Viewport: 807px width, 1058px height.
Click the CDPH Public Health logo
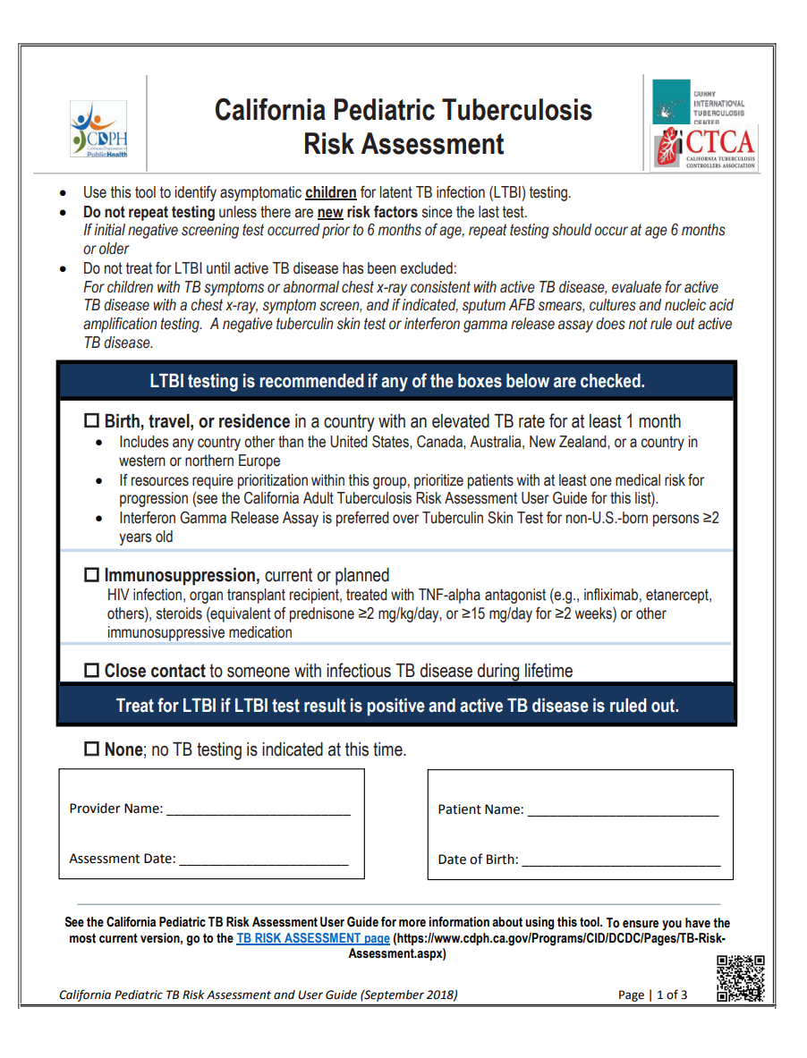point(98,130)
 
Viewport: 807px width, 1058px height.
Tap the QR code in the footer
point(741,978)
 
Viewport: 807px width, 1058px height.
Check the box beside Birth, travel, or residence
point(93,421)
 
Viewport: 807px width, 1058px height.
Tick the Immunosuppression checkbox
point(93,575)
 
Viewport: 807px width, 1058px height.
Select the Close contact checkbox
point(93,671)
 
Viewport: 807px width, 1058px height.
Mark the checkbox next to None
point(93,749)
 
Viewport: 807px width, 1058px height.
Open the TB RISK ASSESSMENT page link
point(313,939)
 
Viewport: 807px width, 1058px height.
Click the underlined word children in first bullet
point(331,192)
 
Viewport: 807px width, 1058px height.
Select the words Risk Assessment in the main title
point(403,144)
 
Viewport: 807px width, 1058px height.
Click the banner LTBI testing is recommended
point(397,381)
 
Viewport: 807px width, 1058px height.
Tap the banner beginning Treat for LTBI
point(397,706)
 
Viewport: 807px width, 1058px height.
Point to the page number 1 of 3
point(672,995)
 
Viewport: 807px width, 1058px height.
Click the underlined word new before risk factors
point(331,212)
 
